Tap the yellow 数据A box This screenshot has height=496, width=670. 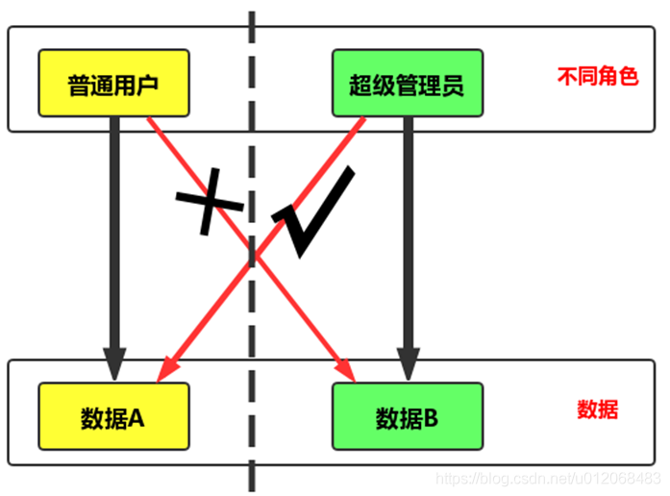[x=112, y=418]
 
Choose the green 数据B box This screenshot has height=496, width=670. [x=407, y=418]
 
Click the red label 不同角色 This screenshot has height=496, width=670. [x=597, y=76]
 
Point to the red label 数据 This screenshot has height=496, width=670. [x=597, y=409]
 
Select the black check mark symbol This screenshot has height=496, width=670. [x=312, y=213]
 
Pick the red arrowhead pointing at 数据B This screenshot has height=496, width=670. [x=347, y=371]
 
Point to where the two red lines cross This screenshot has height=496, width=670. [x=256, y=255]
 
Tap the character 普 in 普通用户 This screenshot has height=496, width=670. [x=79, y=87]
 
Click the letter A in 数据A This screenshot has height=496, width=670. [x=136, y=418]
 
